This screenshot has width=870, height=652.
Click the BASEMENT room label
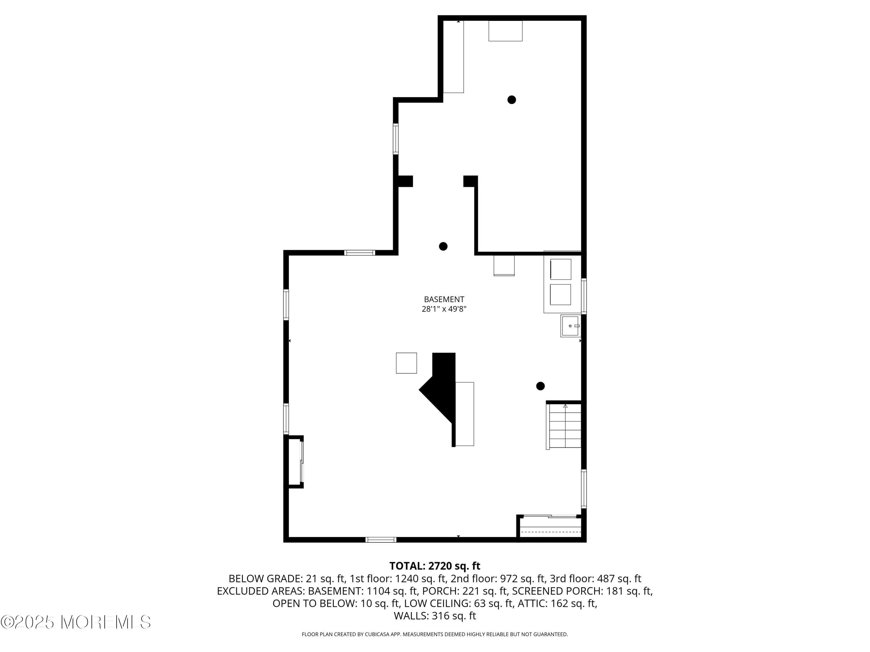pos(444,299)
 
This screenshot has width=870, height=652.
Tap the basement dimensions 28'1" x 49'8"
pos(444,309)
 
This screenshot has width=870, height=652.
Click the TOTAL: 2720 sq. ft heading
pos(435,566)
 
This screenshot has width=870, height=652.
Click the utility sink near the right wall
pos(570,326)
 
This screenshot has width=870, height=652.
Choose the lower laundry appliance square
pos(560,294)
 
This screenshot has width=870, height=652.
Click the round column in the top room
pos(511,100)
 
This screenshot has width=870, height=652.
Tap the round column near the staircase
pos(540,386)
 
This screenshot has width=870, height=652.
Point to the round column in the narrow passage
pos(443,246)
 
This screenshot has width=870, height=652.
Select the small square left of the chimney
pos(406,363)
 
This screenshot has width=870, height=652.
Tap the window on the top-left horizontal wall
pos(360,253)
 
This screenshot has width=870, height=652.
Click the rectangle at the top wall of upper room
pos(505,31)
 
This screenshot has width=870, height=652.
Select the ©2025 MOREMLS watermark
pos(75,622)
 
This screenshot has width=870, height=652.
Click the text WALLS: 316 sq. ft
pos(435,616)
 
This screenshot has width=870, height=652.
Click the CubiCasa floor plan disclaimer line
pos(435,634)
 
